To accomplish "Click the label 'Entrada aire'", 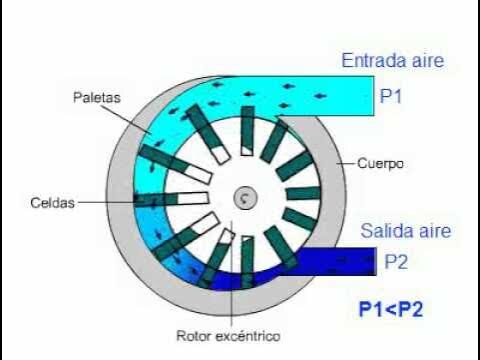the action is point(393,61).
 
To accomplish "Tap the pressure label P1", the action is point(391,97).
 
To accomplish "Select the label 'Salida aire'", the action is point(406,231).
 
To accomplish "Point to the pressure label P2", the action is point(396,262).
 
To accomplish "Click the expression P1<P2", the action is point(391,309).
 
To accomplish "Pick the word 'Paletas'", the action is point(97,97).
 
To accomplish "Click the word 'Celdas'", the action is point(52,203).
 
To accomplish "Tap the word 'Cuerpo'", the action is point(380,163).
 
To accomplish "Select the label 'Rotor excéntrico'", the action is point(228,336).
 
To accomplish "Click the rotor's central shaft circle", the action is point(245,198).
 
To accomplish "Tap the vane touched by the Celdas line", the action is point(171,199).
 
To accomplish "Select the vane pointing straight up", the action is point(247,131).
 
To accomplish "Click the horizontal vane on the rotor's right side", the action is point(303,193).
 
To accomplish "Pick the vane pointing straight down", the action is point(247,261).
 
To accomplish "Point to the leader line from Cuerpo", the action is point(346,163).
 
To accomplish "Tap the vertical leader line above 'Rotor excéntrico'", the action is point(231,273).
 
